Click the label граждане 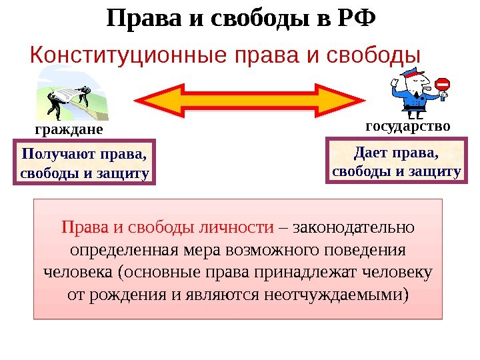(x=69, y=127)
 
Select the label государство (x=408, y=125)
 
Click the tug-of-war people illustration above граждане (x=70, y=97)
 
